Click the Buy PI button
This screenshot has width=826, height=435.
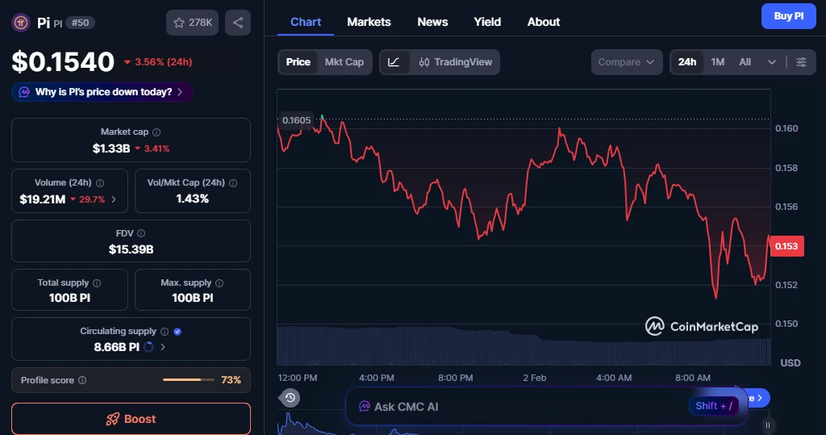pos(788,15)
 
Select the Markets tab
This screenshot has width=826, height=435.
pos(369,22)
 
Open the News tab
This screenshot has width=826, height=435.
pos(432,22)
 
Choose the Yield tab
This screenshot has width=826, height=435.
pos(487,22)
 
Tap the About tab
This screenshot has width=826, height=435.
pos(543,22)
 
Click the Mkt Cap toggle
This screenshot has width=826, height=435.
pos(344,62)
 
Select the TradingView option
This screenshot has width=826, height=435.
pos(455,62)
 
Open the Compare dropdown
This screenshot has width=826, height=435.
pos(627,62)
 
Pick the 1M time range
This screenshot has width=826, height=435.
pos(717,62)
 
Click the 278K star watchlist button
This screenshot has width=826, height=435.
pos(192,23)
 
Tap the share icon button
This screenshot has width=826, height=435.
pos(237,23)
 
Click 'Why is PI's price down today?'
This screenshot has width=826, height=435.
pos(102,92)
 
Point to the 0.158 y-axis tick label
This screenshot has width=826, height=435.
pos(786,168)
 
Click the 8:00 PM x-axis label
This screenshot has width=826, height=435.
pos(455,378)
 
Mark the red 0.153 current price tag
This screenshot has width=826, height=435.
pos(786,246)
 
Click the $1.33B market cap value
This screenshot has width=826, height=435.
pos(111,148)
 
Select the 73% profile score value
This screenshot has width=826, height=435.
pos(231,380)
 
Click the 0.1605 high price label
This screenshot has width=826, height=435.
pos(296,120)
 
